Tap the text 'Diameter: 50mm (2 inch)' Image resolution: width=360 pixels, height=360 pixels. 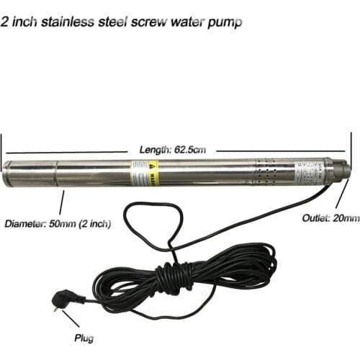(58, 223)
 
